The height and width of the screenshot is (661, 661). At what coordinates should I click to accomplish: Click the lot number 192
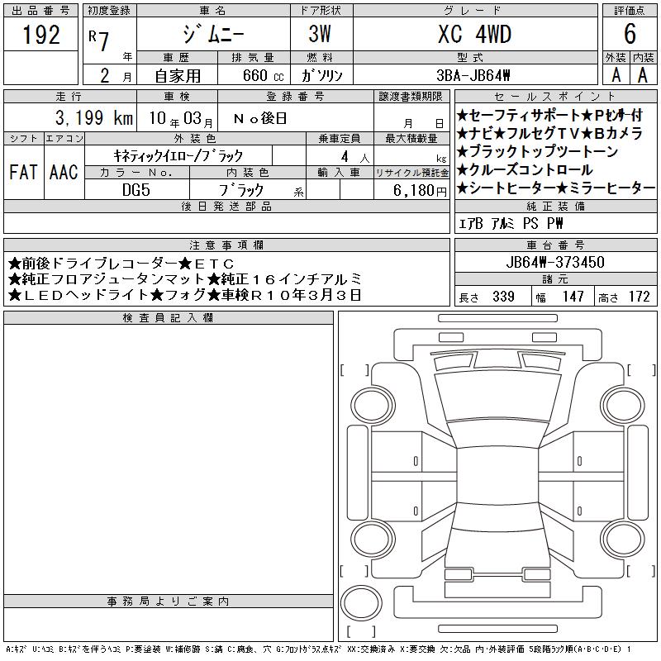[40, 35]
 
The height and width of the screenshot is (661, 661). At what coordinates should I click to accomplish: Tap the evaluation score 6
[630, 34]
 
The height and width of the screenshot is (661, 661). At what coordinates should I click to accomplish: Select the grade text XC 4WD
[474, 34]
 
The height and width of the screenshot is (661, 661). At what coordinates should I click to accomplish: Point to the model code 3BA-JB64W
[473, 75]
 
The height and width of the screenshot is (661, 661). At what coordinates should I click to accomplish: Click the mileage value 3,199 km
[94, 117]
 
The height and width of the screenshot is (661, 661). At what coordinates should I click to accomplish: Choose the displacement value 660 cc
[263, 75]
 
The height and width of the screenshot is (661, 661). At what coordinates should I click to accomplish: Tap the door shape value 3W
[320, 34]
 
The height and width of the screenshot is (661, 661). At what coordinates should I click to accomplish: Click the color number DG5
[136, 190]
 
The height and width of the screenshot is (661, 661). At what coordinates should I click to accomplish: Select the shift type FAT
[23, 172]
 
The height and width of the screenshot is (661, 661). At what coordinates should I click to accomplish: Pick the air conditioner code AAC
[64, 172]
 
